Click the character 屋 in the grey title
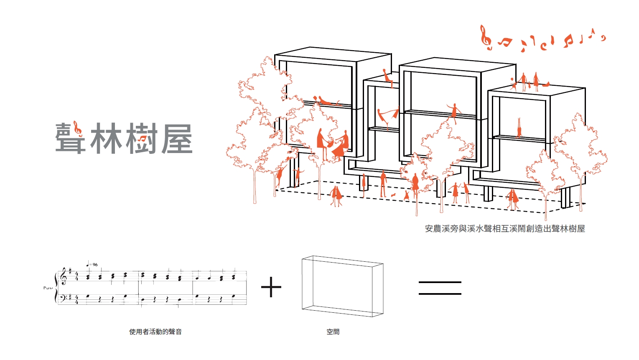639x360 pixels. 176,138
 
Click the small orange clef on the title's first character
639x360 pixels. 76,128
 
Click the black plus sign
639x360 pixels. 271,287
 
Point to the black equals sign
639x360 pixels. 440,288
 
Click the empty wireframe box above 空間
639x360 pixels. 342,286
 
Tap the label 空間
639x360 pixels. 333,332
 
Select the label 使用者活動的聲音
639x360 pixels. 155,332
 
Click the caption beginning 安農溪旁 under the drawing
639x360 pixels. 504,229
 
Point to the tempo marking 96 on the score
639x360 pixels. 95,265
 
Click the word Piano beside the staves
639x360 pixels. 48,288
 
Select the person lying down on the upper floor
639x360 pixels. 327,101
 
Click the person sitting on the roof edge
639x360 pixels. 388,78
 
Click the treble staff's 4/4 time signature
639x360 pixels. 76,276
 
